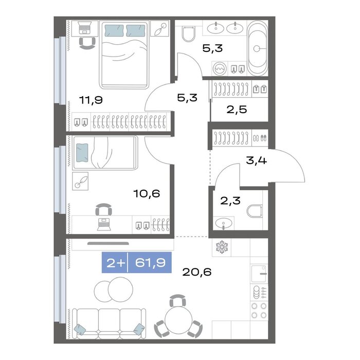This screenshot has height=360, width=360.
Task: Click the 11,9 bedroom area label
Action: click(x=91, y=100)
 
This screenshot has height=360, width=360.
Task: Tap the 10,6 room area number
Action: click(x=147, y=193)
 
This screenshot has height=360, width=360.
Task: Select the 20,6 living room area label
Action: click(x=197, y=272)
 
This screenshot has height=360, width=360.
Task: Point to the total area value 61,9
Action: click(x=150, y=262)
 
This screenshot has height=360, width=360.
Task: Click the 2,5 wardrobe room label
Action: click(x=237, y=110)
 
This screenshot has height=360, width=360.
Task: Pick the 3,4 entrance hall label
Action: click(x=256, y=160)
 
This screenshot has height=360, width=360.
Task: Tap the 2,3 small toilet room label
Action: click(x=230, y=201)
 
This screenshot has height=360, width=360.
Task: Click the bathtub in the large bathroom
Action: click(x=257, y=48)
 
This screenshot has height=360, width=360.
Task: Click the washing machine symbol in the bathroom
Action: click(x=220, y=68)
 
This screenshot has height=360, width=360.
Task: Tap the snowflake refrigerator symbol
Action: click(x=222, y=247)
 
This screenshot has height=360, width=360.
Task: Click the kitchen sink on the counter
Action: click(x=259, y=274)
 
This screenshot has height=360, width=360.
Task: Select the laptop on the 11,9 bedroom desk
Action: click(x=85, y=28)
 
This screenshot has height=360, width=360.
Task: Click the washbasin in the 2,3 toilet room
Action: click(x=224, y=223)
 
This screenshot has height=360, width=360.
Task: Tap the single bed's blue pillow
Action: click(x=82, y=153)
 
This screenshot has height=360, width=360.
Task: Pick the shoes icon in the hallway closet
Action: click(x=260, y=138)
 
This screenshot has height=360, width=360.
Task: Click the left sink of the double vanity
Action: click(x=215, y=28)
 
